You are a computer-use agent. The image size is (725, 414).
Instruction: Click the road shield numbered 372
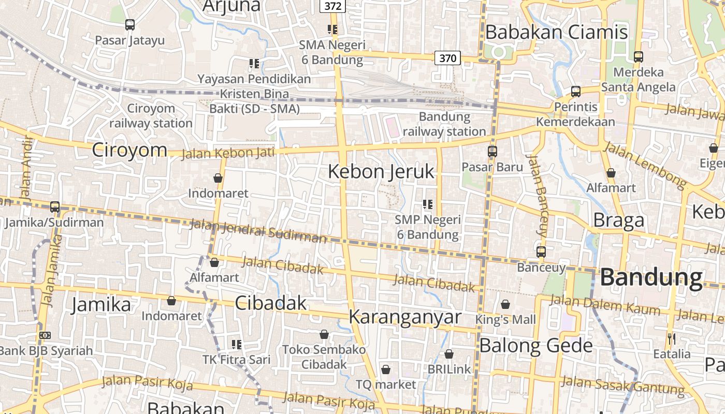332,6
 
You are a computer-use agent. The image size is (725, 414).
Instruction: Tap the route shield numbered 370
447,58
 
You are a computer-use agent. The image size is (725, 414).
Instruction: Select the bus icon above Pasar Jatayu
130,24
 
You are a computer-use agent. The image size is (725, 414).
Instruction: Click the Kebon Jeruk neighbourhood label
381,172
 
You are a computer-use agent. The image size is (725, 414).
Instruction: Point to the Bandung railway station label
444,124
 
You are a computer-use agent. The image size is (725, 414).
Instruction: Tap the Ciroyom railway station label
151,116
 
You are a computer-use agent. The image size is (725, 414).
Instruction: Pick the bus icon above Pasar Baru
492,152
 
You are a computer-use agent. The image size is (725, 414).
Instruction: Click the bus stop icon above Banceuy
541,252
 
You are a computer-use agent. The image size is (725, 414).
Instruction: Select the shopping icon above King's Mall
505,304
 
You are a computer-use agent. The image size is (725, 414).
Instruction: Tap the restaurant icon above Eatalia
672,339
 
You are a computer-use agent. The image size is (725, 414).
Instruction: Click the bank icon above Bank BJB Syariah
45,335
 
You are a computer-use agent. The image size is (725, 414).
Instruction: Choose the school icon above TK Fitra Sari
237,344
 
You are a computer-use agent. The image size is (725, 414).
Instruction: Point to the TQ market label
386,385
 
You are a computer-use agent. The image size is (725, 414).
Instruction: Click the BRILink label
450,369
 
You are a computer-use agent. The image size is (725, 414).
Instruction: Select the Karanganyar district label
404,317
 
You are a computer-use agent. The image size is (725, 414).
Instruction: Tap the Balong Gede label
536,345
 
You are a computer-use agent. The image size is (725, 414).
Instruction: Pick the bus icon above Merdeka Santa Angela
639,57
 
